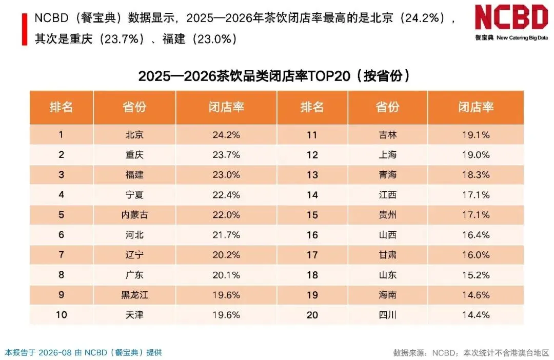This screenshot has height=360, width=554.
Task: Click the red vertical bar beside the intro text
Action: [25, 29]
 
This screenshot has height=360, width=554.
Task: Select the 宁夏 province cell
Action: [134, 195]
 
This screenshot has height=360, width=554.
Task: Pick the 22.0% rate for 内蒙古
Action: [226, 215]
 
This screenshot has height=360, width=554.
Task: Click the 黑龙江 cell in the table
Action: [134, 295]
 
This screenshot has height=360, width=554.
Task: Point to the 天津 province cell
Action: [134, 315]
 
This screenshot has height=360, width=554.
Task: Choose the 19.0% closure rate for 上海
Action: [476, 155]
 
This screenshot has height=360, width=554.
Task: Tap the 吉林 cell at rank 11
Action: [388, 134]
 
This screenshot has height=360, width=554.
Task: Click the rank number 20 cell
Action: [312, 315]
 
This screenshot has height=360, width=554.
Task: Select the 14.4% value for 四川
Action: [476, 315]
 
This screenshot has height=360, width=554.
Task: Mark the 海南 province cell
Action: [388, 295]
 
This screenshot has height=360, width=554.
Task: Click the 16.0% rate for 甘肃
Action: [476, 255]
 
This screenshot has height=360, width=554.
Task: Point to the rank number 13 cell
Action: [312, 175]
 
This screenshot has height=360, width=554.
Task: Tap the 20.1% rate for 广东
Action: [226, 275]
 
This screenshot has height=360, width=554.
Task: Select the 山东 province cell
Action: [388, 275]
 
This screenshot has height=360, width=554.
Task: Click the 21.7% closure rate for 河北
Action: [226, 235]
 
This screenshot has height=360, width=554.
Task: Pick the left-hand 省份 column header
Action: [134, 107]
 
